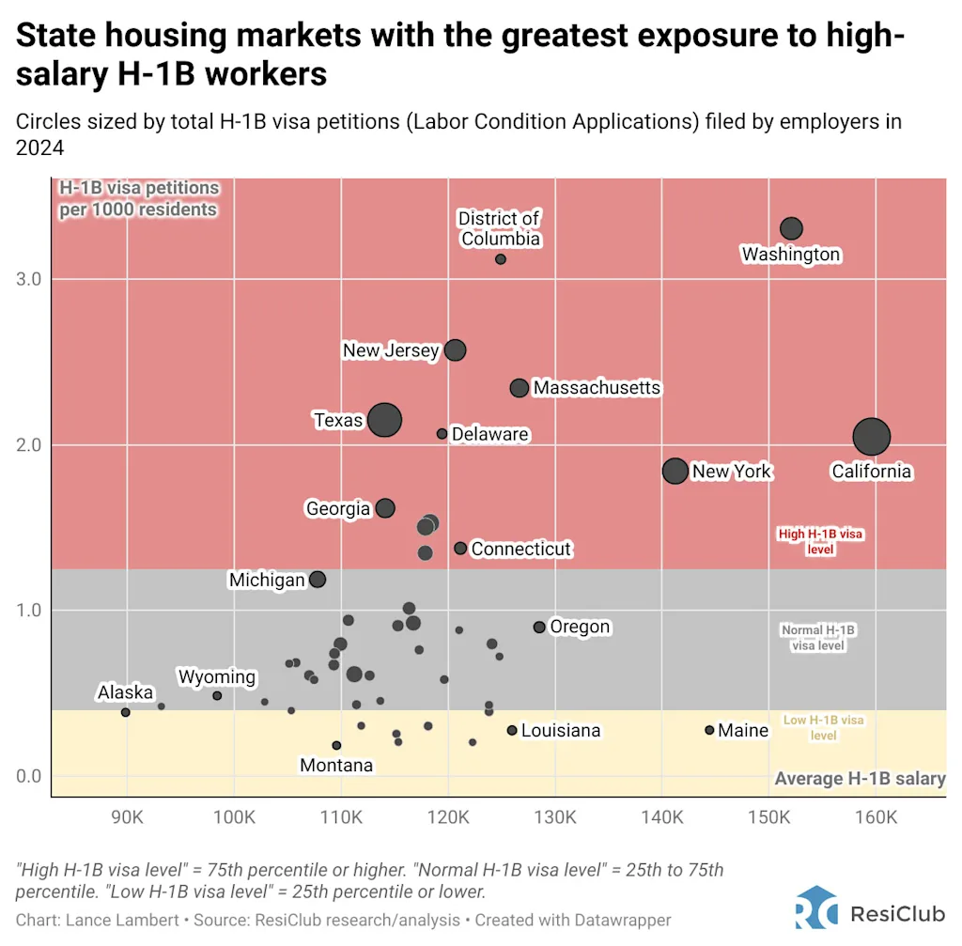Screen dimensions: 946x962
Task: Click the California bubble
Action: click(x=872, y=436)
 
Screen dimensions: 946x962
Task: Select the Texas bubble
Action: click(x=384, y=420)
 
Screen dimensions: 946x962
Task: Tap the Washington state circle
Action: click(x=791, y=228)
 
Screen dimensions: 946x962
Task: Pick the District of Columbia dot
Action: click(x=501, y=259)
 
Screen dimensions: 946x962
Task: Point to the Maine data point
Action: click(x=709, y=730)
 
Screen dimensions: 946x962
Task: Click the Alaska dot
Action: click(x=126, y=712)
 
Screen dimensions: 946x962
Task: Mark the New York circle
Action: click(x=675, y=471)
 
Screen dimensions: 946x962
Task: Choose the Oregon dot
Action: click(x=539, y=627)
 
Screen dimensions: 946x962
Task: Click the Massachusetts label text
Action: click(x=597, y=388)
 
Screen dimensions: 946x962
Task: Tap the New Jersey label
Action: click(x=391, y=350)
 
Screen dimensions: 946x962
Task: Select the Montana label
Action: click(x=336, y=766)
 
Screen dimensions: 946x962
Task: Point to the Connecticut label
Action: click(x=520, y=549)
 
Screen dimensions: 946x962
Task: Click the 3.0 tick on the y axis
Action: click(x=28, y=279)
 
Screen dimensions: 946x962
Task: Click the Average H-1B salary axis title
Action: click(x=860, y=779)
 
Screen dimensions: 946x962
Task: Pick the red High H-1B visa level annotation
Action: click(x=820, y=540)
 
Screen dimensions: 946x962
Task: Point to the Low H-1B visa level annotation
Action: click(x=823, y=728)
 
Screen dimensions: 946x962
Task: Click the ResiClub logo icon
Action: click(x=815, y=911)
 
